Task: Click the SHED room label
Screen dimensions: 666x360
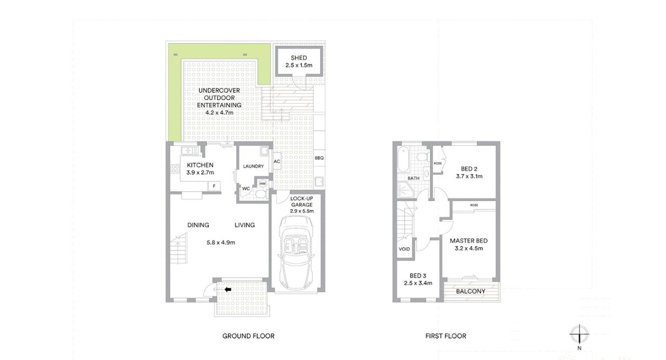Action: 299,58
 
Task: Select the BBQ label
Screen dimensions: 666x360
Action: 319,158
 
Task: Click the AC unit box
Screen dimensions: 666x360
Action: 277,161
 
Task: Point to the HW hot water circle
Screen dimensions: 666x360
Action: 263,184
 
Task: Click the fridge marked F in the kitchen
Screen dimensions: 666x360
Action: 214,186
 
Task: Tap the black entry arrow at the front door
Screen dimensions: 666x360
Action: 228,289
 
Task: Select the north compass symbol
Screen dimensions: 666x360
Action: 579,334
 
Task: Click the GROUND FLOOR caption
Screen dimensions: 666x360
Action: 248,336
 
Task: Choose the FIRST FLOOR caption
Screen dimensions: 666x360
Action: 446,336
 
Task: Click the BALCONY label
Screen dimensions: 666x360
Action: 470,292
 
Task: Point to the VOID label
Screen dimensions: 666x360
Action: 404,249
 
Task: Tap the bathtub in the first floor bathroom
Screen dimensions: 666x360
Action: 403,159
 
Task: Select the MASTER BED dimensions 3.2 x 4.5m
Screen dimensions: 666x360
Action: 468,248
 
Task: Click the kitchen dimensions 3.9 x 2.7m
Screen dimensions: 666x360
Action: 200,172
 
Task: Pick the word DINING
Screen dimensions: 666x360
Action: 198,225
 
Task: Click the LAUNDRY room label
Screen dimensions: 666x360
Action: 253,166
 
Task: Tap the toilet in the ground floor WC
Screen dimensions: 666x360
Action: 261,194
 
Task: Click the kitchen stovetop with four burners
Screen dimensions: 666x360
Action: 175,169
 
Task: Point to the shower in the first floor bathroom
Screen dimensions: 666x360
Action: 406,190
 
